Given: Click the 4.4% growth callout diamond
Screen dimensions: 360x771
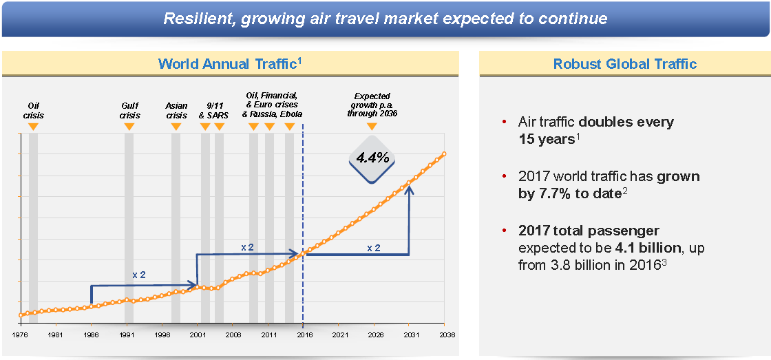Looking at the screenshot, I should (372, 158).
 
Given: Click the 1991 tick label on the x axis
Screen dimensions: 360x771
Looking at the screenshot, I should (127, 335).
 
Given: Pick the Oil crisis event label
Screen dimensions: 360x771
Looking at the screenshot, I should (33, 110).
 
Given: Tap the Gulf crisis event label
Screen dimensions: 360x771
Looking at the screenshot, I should (129, 110).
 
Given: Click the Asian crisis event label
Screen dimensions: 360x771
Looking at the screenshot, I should (176, 110).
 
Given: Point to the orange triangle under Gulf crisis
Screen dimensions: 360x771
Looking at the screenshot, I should (129, 127).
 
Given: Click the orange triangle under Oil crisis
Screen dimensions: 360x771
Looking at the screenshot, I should (33, 127).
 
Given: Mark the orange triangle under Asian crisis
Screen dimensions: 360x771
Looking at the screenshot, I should (176, 127).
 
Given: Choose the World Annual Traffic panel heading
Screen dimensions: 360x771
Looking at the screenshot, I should (231, 64).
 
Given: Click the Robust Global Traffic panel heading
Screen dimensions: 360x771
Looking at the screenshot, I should (625, 64).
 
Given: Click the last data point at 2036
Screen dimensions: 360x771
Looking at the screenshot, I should (444, 153).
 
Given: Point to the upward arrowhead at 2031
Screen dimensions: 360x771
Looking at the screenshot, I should (409, 188).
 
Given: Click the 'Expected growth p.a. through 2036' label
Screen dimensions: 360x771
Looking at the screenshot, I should (372, 105).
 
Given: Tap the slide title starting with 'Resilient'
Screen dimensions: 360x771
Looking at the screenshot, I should (385, 18).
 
